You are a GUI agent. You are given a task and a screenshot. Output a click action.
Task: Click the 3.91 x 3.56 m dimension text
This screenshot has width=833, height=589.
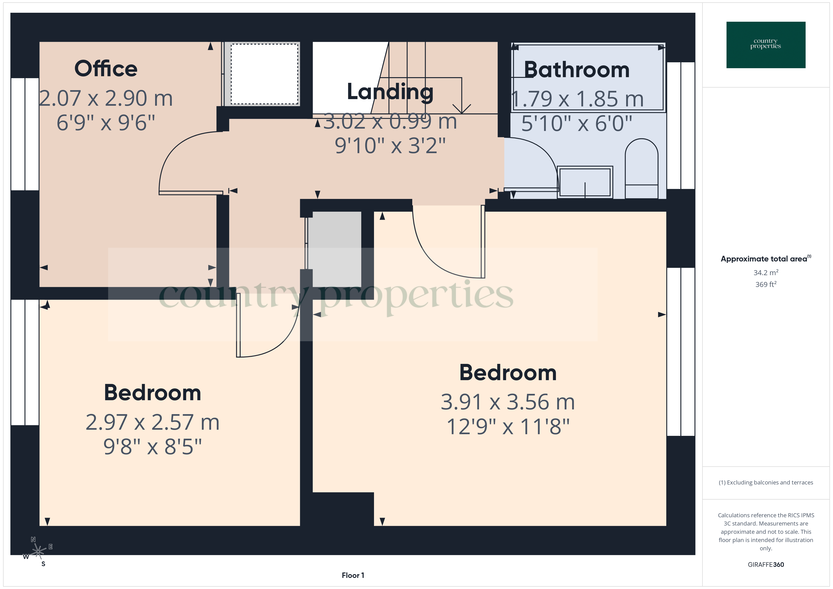(x=508, y=402)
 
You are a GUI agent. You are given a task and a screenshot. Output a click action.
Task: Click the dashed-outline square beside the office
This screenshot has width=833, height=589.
(x=264, y=74)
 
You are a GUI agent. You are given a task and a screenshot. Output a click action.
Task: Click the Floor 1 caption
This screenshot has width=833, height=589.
(x=353, y=575)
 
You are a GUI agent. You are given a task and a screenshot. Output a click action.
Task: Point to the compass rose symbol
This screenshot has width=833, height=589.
(x=38, y=551)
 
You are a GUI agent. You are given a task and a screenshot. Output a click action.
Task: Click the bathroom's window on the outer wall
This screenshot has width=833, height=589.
(x=681, y=126)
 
